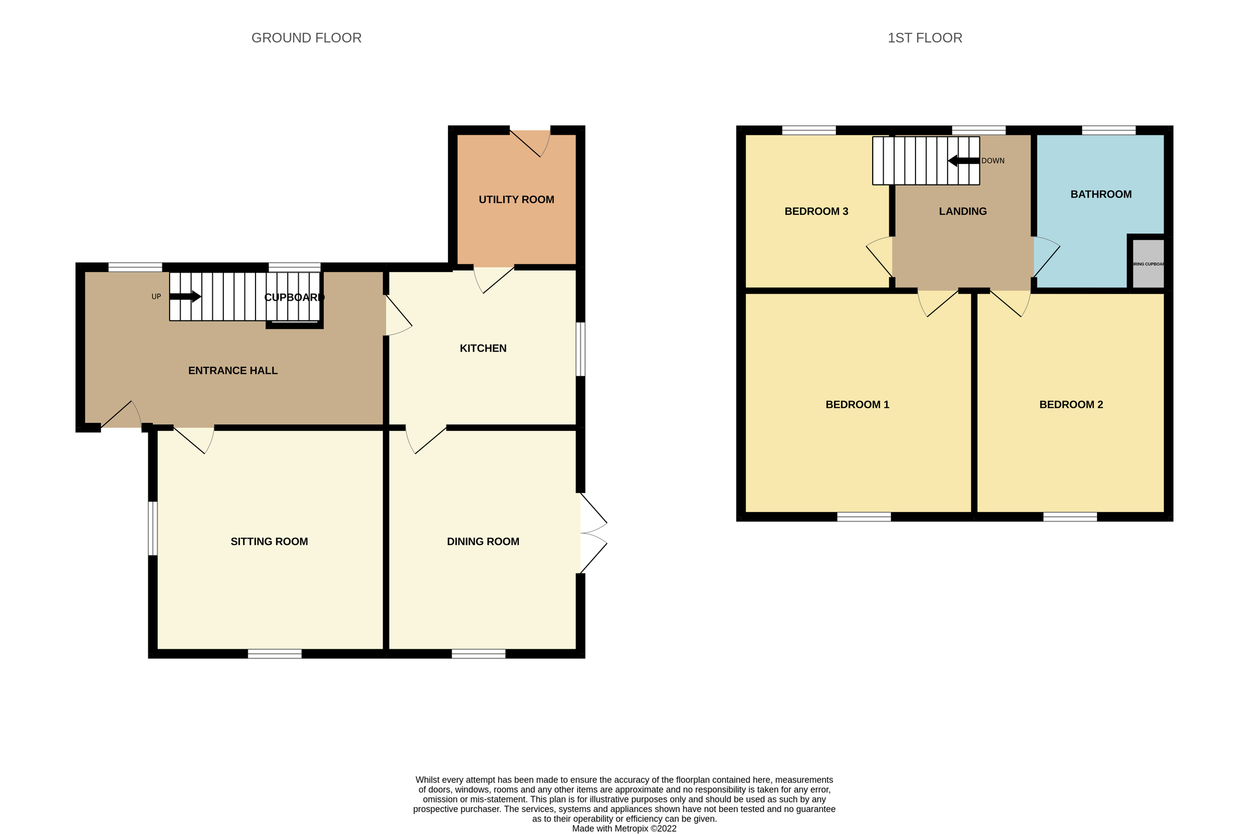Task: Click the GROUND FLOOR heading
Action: tap(306, 38)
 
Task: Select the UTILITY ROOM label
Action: tap(516, 199)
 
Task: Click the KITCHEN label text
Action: tap(482, 349)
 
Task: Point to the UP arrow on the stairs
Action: tap(185, 297)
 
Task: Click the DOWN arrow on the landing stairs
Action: tap(963, 161)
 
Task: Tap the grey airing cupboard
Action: tap(1148, 264)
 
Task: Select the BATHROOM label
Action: tap(1101, 194)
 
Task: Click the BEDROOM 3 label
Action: tap(816, 211)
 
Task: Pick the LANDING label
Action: tap(962, 211)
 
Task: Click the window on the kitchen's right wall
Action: tap(581, 349)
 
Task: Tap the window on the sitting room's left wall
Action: tap(152, 528)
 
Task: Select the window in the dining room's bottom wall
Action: tap(478, 653)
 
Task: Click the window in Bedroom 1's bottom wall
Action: tap(864, 517)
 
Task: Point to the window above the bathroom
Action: tap(1108, 130)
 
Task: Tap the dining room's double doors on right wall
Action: tap(592, 533)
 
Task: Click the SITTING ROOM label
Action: tap(269, 542)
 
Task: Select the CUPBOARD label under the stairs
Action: tap(294, 297)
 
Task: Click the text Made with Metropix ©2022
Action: tap(624, 828)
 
